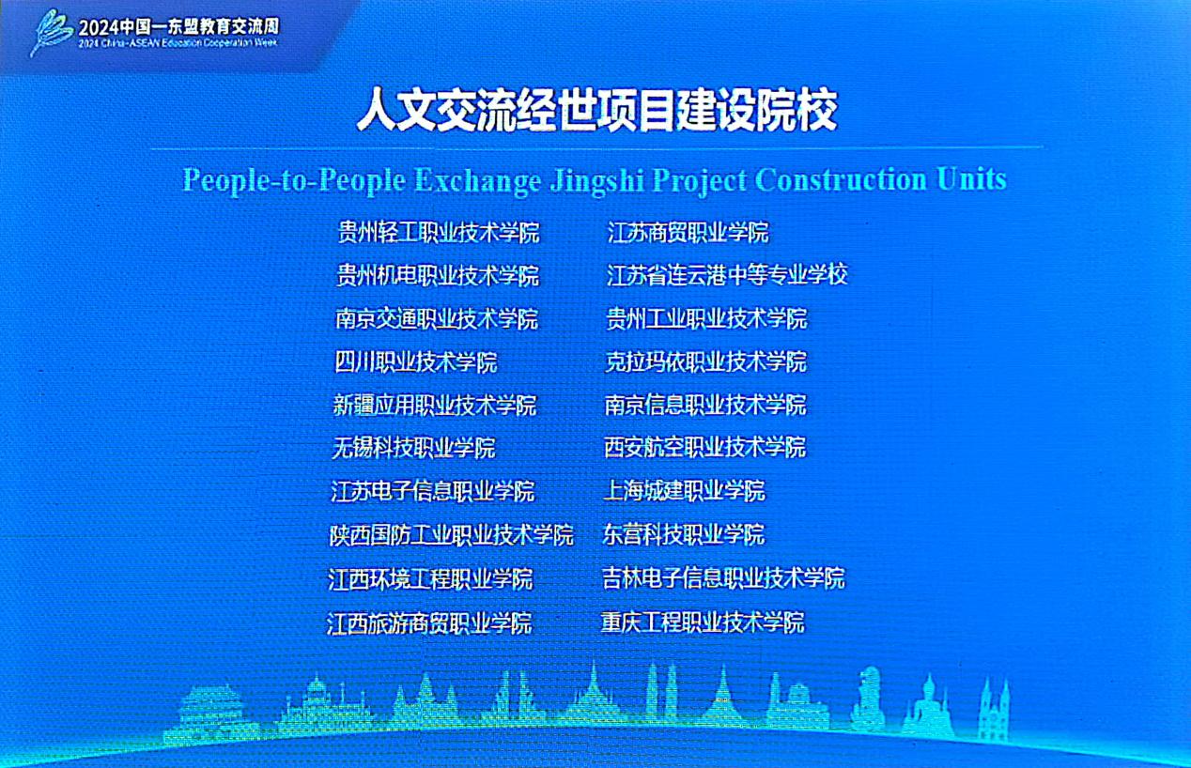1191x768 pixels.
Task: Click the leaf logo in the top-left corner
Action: [52, 31]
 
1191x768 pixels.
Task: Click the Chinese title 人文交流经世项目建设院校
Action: [596, 110]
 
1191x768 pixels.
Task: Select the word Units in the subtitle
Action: [972, 178]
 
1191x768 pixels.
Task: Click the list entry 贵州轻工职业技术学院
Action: [439, 232]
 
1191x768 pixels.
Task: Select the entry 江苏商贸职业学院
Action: [688, 232]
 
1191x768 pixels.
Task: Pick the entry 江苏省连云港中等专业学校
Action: [727, 275]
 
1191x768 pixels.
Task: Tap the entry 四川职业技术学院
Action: [416, 362]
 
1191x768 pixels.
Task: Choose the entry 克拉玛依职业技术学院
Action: [706, 361]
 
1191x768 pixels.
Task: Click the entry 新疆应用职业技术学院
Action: [435, 405]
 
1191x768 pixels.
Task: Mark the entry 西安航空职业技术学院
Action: [705, 447]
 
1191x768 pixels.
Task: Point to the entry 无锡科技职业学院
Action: [413, 448]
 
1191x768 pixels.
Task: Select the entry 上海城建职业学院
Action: [685, 491]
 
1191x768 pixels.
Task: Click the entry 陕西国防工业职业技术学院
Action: [452, 534]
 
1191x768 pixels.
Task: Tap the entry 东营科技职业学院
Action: [684, 534]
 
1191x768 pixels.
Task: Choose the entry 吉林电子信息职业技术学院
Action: [723, 577]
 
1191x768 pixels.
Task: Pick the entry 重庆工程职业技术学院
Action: [703, 622]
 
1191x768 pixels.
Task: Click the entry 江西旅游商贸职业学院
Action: [429, 622]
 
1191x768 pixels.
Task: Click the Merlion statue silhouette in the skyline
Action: [867, 699]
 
